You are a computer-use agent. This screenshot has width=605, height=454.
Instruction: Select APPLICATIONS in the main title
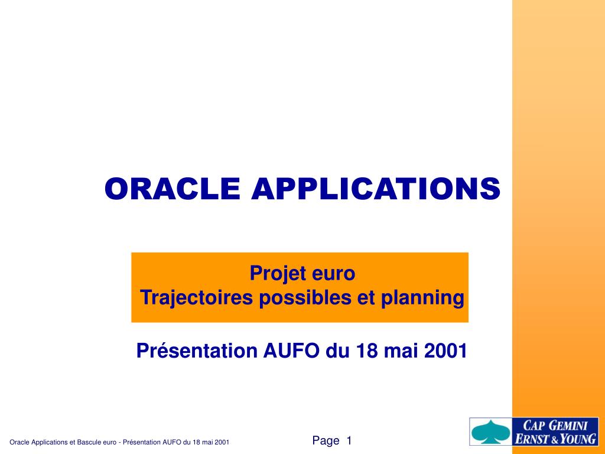376,189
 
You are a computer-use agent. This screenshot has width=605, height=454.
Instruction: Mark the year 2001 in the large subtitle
445,351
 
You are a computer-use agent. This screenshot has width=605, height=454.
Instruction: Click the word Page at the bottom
326,440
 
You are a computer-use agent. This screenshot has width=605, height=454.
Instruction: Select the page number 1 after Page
349,440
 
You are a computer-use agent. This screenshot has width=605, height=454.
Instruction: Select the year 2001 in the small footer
222,442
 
